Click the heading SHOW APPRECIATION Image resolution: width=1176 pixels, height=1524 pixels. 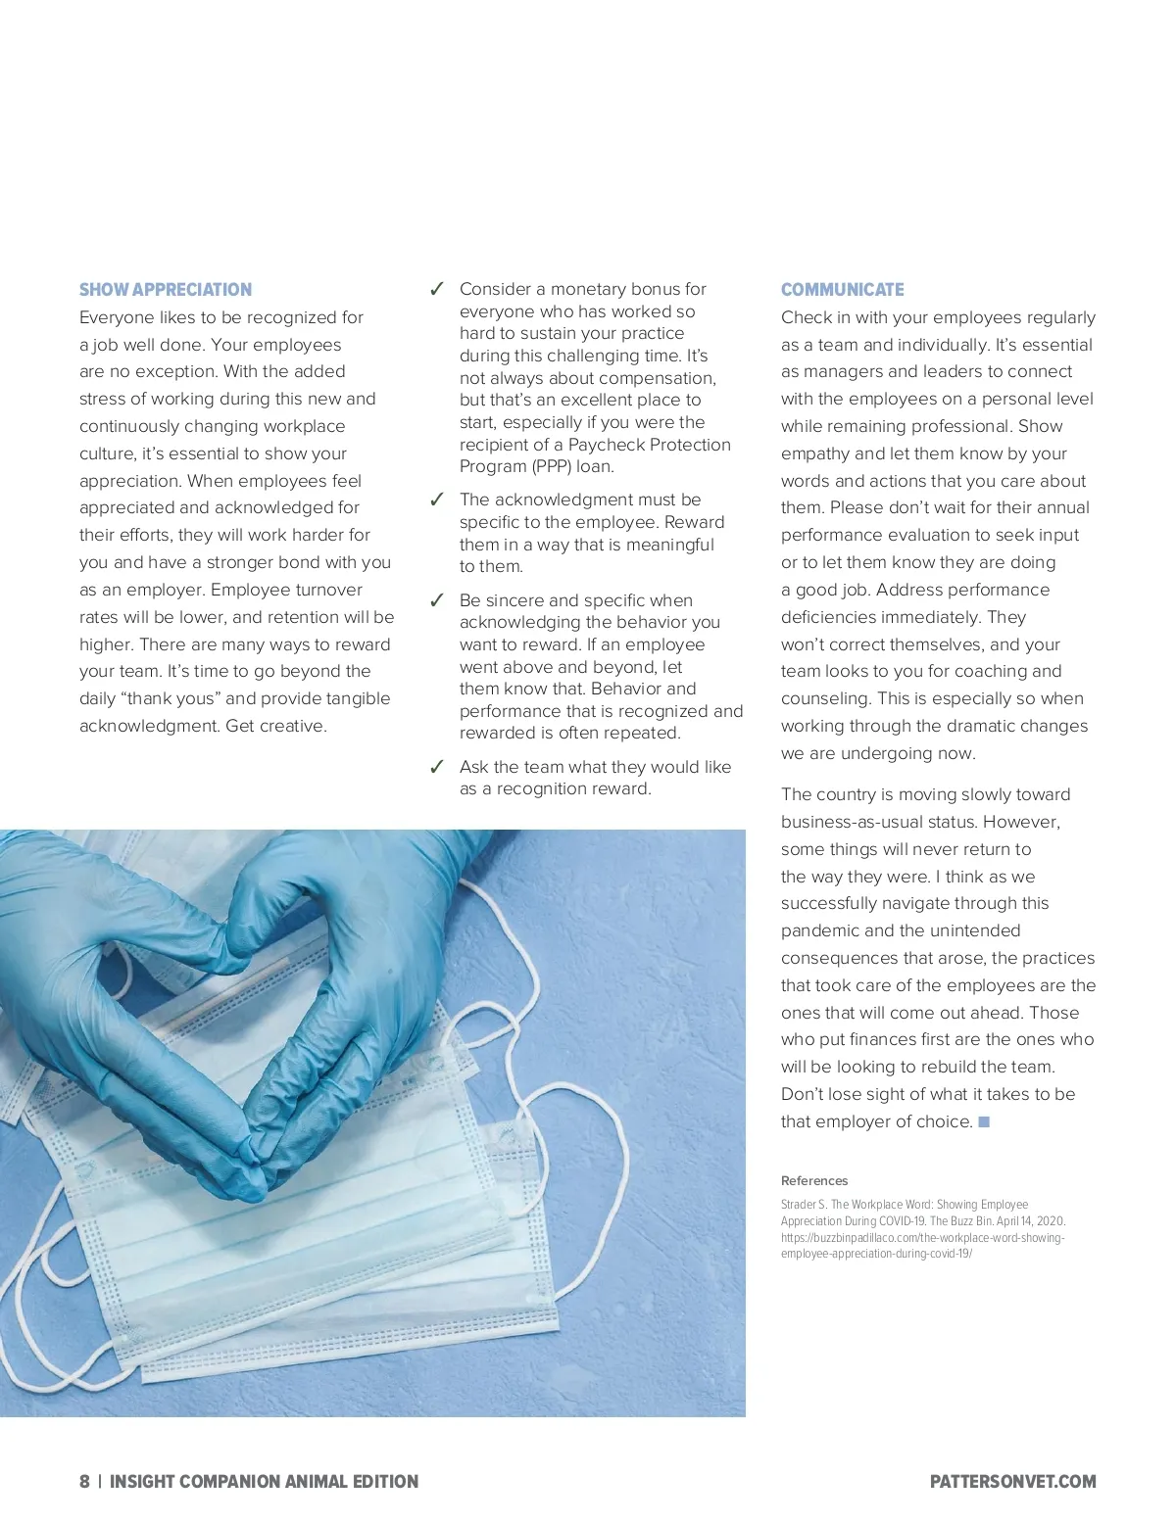coord(165,290)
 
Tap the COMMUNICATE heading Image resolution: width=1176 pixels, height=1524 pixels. coord(842,290)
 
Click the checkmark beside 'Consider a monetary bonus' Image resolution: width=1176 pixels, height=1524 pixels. coord(437,289)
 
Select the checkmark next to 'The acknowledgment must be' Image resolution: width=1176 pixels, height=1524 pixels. coord(437,500)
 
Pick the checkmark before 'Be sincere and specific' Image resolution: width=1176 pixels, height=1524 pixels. coord(437,600)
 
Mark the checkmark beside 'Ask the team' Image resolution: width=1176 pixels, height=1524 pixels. coord(437,767)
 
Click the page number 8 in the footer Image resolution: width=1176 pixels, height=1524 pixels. coord(84,1481)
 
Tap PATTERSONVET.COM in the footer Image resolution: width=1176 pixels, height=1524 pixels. coord(1012,1481)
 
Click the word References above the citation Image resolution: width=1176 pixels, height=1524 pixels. coord(814,1180)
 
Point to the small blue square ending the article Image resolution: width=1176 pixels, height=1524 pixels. coord(984,1121)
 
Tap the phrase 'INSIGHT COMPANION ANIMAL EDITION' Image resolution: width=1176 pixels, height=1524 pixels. coord(264,1481)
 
